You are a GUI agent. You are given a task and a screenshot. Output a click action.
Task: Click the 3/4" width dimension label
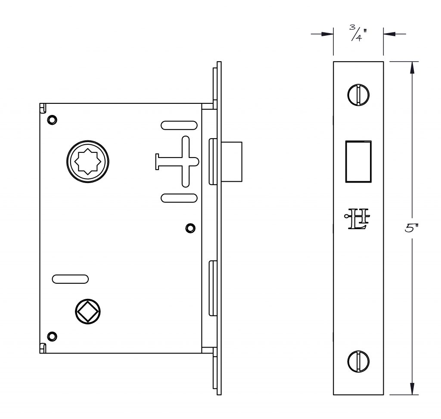(x=358, y=33)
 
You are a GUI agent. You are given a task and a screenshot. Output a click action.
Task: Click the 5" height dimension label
(x=411, y=228)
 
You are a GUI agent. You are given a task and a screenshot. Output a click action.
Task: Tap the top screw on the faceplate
(x=358, y=95)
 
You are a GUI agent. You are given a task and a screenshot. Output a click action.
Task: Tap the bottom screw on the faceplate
(x=358, y=362)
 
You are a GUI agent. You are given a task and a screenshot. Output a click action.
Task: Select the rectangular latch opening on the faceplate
(x=358, y=161)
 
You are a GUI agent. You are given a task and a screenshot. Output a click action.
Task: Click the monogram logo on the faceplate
(x=357, y=219)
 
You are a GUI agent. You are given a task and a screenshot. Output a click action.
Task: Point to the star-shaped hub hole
(x=88, y=161)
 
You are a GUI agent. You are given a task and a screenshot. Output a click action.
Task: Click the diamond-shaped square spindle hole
(x=88, y=312)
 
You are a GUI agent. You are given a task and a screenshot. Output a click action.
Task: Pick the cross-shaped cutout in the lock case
(x=177, y=161)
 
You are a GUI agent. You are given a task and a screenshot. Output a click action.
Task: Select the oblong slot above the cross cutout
(x=179, y=125)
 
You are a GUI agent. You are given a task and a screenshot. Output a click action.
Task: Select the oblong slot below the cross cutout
(x=179, y=198)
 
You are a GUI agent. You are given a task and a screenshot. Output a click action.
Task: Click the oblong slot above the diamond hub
(x=70, y=279)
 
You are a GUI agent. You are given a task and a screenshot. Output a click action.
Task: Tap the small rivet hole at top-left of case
(x=52, y=120)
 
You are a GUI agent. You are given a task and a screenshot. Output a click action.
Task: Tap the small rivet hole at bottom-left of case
(x=52, y=336)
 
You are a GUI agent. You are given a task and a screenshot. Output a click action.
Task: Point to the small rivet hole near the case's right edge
(x=190, y=228)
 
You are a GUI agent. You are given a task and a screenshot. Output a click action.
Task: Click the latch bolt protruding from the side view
(x=232, y=161)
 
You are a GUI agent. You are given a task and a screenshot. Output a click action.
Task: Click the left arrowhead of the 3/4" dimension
(x=327, y=34)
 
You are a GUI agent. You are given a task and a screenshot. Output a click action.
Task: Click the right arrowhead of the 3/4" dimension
(x=389, y=34)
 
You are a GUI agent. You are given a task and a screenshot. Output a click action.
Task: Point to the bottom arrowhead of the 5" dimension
(x=412, y=388)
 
